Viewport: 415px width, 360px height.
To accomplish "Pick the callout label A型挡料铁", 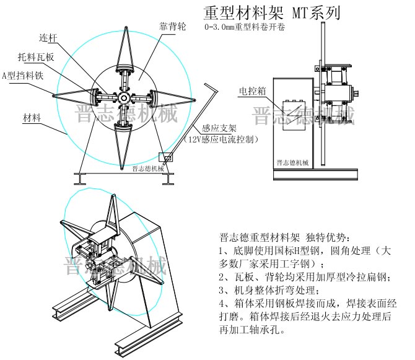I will [x=24, y=76].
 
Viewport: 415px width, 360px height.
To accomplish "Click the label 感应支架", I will [x=216, y=129].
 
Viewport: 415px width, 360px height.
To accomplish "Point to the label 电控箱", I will [x=253, y=91].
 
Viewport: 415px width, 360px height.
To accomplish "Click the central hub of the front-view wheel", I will [x=124, y=98].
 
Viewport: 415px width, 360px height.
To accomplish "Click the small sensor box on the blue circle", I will [x=166, y=158].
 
